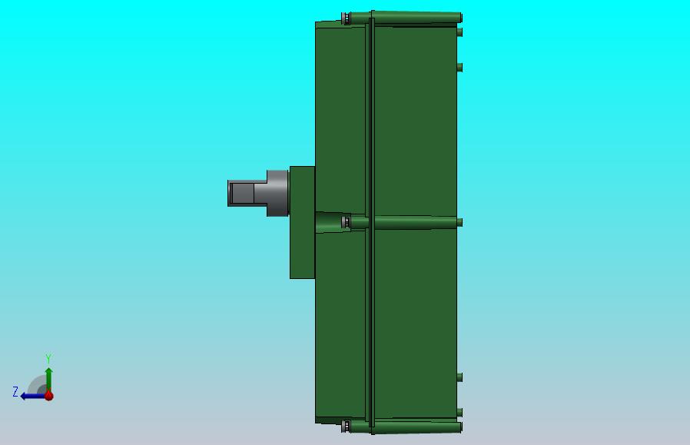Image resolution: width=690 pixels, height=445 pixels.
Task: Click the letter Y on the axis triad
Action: [x=48, y=358]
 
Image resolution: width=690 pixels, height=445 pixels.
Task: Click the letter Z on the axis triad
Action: [x=15, y=392]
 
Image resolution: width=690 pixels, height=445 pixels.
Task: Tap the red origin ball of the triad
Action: [x=49, y=396]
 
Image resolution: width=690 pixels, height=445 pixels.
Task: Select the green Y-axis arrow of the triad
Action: [x=49, y=380]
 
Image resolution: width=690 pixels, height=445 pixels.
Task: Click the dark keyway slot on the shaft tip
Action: [x=242, y=193]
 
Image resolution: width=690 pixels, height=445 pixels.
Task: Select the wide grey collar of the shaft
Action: [x=277, y=193]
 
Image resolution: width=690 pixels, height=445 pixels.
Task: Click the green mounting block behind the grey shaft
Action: [x=302, y=222]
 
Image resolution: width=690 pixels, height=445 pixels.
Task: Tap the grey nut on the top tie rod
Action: [x=347, y=18]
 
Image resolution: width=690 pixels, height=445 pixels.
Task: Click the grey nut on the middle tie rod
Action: [x=347, y=222]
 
